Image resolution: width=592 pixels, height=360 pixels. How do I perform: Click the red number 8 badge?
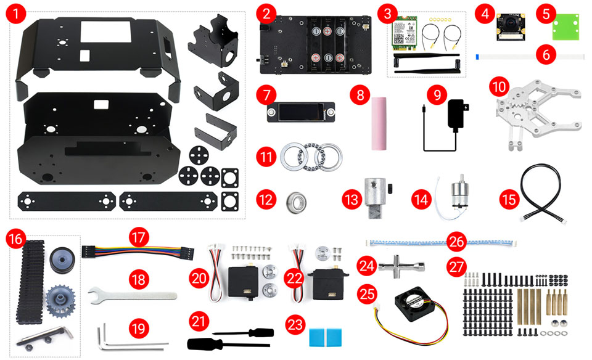click(359, 95)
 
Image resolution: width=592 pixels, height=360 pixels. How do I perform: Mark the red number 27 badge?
click(457, 268)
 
